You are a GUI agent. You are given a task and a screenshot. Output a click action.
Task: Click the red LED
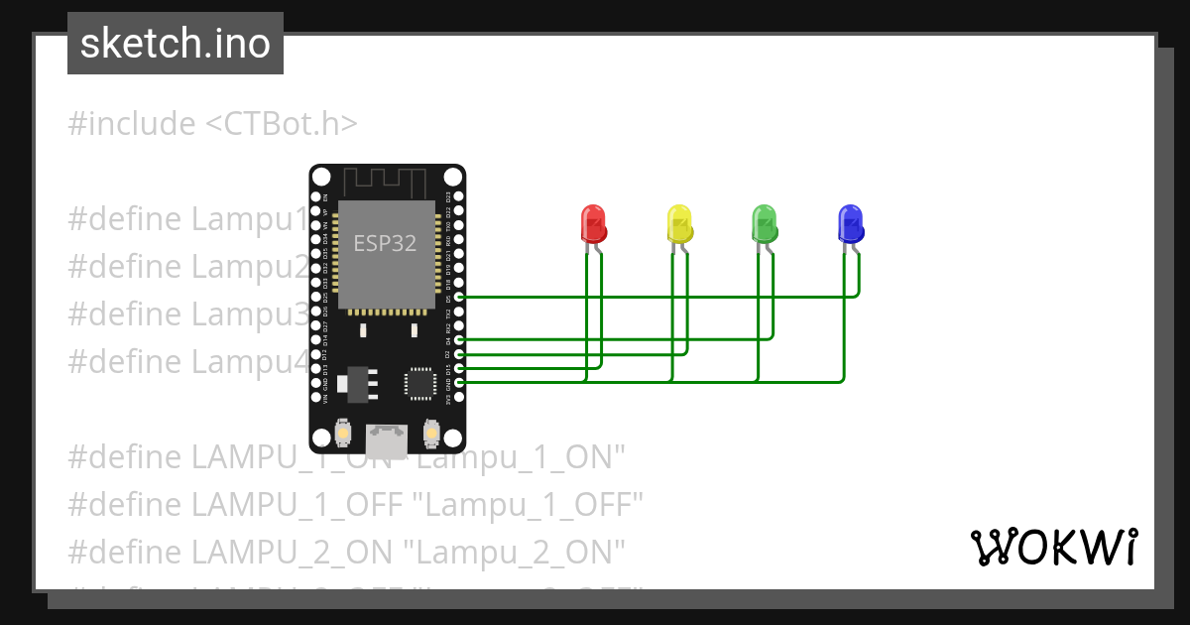tap(593, 223)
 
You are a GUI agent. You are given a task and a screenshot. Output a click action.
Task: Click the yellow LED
tap(679, 223)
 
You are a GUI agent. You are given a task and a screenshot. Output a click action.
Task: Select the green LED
tap(765, 223)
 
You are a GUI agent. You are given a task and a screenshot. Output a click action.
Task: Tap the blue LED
tap(851, 223)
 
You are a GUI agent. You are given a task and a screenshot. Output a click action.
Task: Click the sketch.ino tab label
tap(176, 44)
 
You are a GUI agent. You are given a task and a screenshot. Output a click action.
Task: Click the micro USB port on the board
tap(387, 437)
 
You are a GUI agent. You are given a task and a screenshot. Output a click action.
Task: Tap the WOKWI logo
tap(1053, 547)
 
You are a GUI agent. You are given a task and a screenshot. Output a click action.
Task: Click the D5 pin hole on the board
tap(457, 297)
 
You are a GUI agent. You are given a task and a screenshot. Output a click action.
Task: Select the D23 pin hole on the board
tap(457, 196)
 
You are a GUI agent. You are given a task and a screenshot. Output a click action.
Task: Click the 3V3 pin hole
tap(457, 397)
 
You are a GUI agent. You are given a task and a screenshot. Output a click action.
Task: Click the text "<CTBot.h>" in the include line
tap(282, 124)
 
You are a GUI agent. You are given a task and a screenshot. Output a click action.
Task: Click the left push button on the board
tap(342, 433)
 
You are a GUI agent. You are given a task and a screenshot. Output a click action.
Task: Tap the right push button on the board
tap(431, 433)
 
